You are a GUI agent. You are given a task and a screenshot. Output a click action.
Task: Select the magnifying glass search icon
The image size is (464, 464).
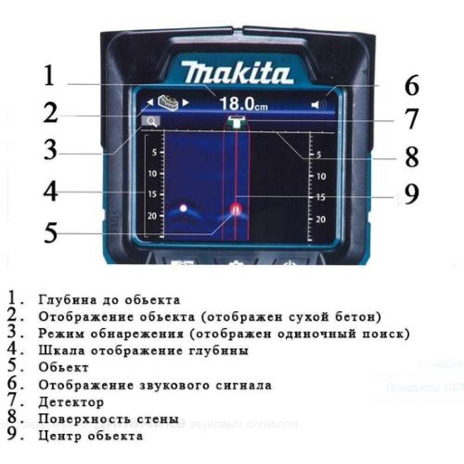coord(151,122)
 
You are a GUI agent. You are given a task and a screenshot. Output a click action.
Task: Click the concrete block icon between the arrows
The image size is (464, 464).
coord(168,102)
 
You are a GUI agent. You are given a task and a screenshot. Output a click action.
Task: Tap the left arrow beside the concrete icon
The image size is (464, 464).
coord(150,103)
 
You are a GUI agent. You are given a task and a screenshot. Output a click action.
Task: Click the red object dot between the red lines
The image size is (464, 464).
coord(236,210)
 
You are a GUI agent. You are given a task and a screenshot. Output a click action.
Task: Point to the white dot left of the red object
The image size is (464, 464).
coord(183,208)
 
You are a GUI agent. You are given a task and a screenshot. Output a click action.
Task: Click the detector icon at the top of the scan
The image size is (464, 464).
coord(237,122)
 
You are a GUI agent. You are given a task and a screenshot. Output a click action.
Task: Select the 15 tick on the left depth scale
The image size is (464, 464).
coord(152,194)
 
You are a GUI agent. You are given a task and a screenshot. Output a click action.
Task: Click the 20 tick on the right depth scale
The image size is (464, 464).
coord(321,219)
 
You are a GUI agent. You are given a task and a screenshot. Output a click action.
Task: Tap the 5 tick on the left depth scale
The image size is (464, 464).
coord(155,152)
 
